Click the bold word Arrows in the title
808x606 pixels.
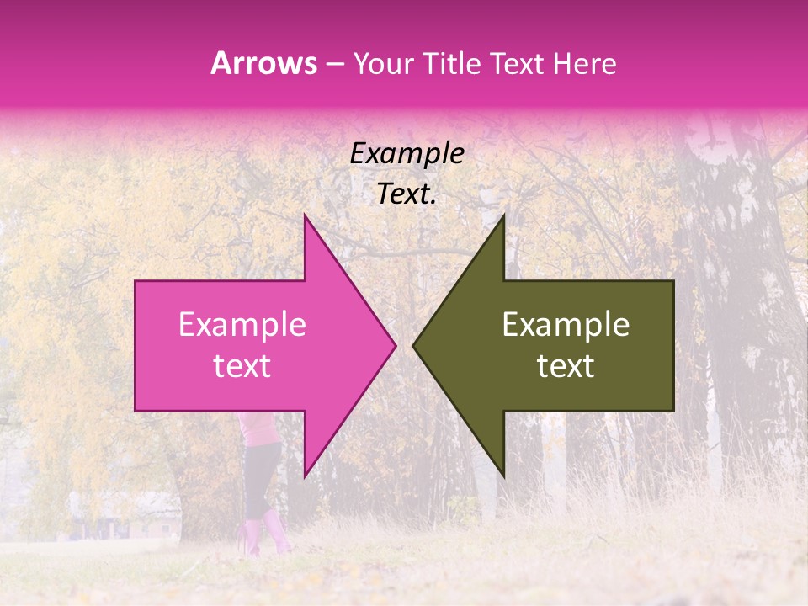coord(263,63)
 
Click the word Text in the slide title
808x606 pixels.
coord(518,64)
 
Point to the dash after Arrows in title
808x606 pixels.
coord(334,65)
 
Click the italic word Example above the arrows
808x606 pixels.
coord(407,154)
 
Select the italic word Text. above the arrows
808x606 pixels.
coord(407,194)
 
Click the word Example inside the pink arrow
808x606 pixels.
coord(242,325)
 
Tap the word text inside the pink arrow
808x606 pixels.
coord(242,366)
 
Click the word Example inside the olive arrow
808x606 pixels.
coord(566,325)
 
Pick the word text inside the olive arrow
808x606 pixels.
coord(566,366)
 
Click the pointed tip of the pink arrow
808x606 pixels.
coord(395,345)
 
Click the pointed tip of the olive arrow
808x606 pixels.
coord(414,345)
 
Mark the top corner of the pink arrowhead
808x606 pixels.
coord(305,216)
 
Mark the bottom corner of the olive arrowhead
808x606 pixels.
coord(503,476)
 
